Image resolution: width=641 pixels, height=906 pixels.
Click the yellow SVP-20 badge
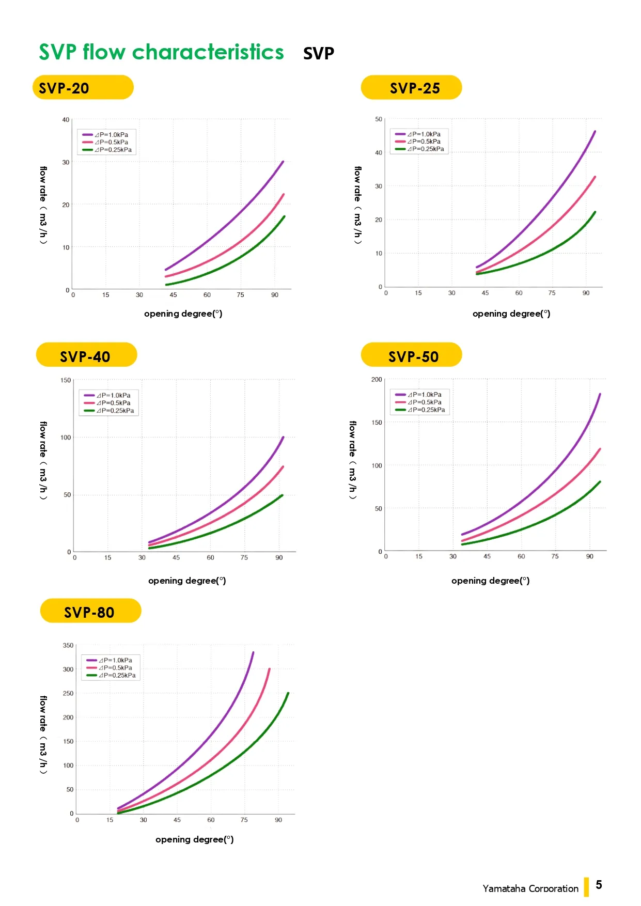(x=83, y=87)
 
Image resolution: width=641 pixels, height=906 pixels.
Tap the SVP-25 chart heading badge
(x=411, y=87)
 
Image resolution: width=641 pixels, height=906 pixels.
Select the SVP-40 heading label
(x=86, y=355)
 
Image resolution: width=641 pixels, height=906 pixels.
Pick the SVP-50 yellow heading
(x=411, y=355)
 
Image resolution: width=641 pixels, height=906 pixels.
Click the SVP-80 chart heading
(x=90, y=611)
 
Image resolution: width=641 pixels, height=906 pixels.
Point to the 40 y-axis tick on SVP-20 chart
(x=66, y=120)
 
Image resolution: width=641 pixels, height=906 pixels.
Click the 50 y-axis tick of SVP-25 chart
(x=379, y=119)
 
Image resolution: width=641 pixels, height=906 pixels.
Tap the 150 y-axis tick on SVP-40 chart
(x=66, y=380)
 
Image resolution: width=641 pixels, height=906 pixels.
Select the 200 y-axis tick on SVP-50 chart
(x=377, y=380)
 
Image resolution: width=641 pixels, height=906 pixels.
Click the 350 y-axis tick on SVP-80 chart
(x=68, y=646)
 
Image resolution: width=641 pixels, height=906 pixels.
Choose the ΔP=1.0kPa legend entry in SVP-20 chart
(x=105, y=135)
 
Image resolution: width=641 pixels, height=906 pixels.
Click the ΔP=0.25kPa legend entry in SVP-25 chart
(x=419, y=149)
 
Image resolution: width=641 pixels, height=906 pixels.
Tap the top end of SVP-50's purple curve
(x=600, y=394)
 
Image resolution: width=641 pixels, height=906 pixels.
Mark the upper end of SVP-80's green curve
(x=288, y=693)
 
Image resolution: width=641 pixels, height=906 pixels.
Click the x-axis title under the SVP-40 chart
(x=187, y=581)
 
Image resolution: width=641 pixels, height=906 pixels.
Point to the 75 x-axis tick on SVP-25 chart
(x=552, y=293)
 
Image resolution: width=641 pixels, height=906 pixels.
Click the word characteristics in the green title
(x=208, y=52)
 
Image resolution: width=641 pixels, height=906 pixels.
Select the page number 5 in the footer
(x=599, y=885)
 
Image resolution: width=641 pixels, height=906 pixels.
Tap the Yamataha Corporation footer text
(x=530, y=888)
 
